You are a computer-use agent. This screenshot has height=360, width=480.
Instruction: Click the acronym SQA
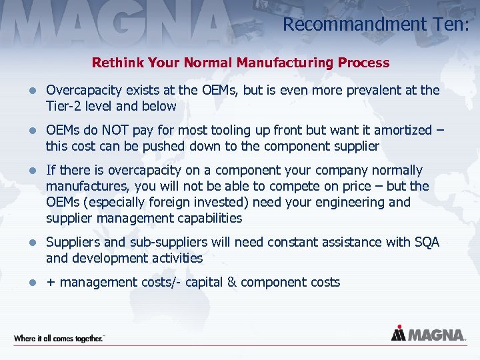[x=426, y=242]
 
